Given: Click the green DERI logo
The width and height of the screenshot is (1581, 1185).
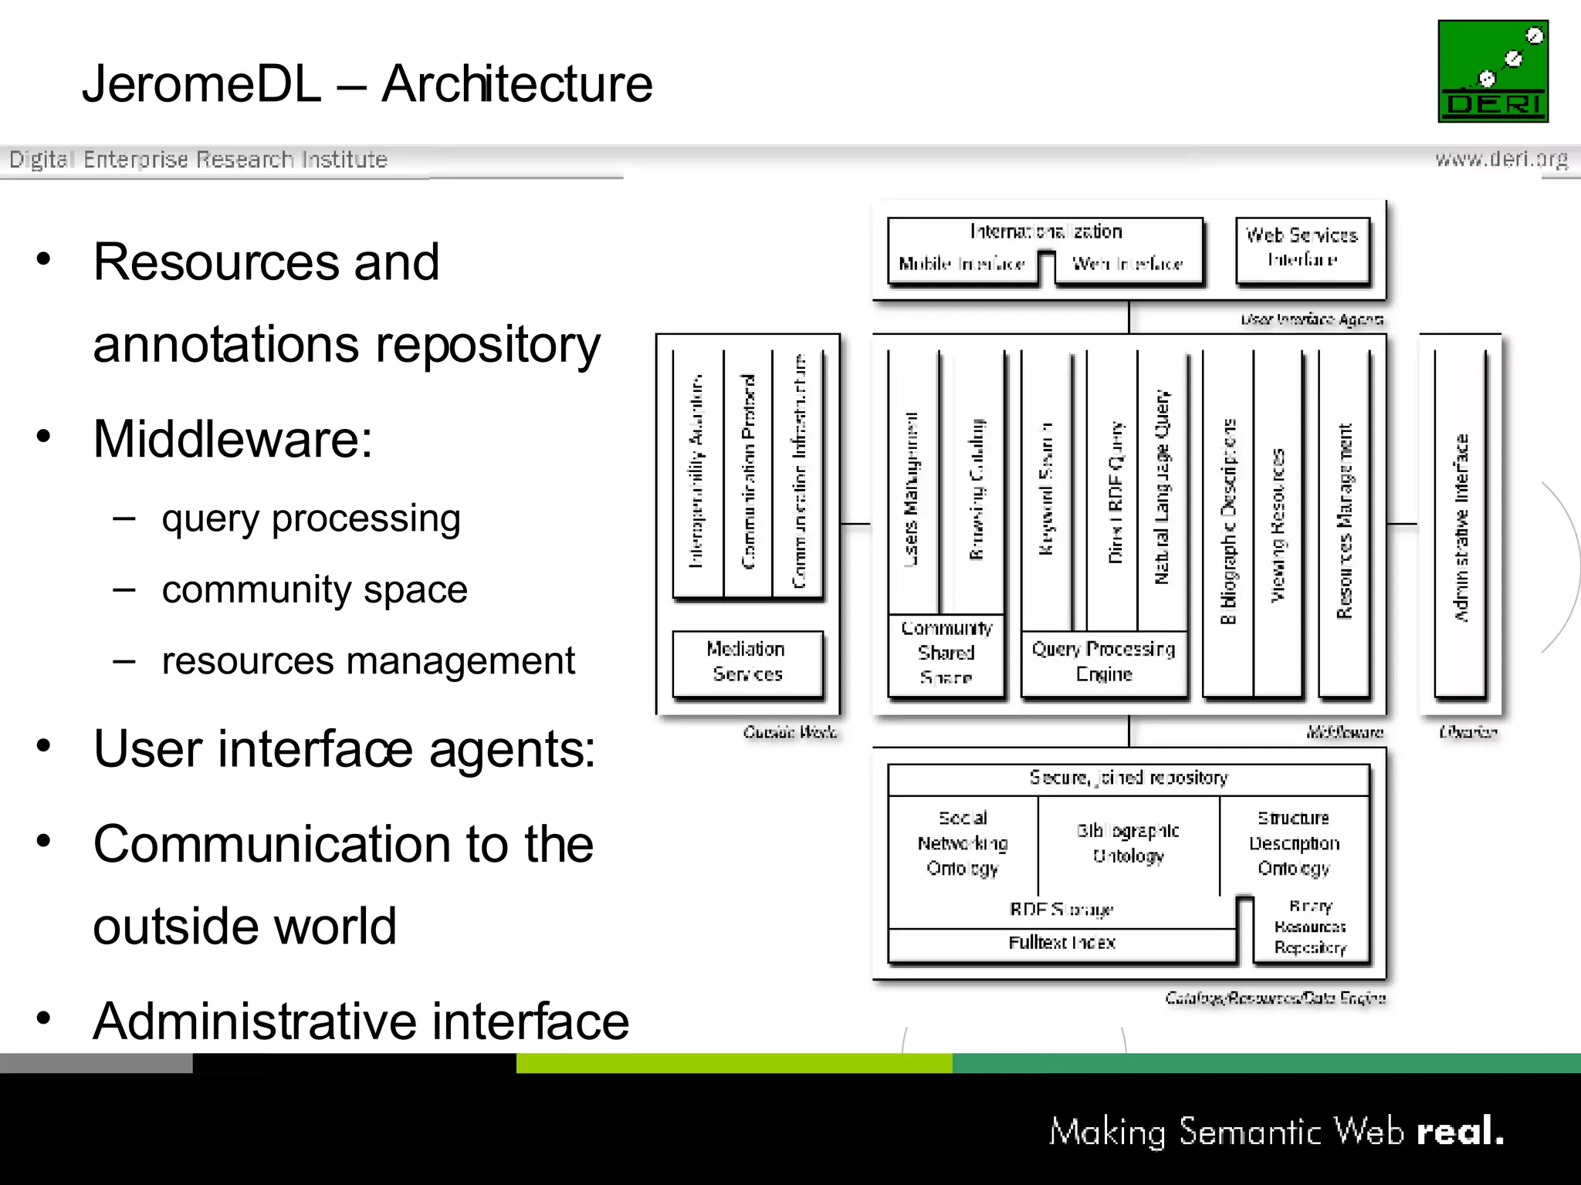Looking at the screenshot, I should tap(1492, 71).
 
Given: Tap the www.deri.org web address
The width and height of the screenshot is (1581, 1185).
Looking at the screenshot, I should tap(1501, 159).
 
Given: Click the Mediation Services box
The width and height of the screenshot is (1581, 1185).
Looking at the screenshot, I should tap(746, 662).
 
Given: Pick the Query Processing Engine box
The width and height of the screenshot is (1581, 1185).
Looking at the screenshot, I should tap(1104, 662).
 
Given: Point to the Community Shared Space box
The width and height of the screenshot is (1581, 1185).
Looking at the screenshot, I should tap(946, 653).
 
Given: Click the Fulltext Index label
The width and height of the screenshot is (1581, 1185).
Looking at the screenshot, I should tap(1061, 943).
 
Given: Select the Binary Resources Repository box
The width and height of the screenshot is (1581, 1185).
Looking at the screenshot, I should tap(1310, 927).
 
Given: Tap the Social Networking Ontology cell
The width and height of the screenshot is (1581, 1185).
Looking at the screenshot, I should tap(963, 843).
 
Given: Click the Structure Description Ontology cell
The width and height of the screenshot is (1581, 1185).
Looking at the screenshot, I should tap(1294, 843).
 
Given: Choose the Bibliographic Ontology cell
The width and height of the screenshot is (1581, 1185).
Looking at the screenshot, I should tap(1128, 843).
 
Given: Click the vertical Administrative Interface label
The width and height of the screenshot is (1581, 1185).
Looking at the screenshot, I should tap(1461, 528).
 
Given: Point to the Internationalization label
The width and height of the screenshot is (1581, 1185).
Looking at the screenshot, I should tap(1045, 231).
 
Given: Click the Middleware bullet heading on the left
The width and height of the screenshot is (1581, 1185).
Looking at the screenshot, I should tap(232, 439).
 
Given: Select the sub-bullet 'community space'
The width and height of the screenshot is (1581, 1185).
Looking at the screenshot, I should tap(314, 590).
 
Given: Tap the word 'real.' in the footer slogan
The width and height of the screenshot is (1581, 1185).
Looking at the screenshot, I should tap(1461, 1132).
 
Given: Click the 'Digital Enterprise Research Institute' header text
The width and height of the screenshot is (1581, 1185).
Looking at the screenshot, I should tap(198, 160).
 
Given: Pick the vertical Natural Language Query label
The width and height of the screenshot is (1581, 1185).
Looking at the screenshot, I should tap(1162, 488).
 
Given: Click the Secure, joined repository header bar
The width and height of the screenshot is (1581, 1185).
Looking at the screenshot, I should tap(1128, 778).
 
